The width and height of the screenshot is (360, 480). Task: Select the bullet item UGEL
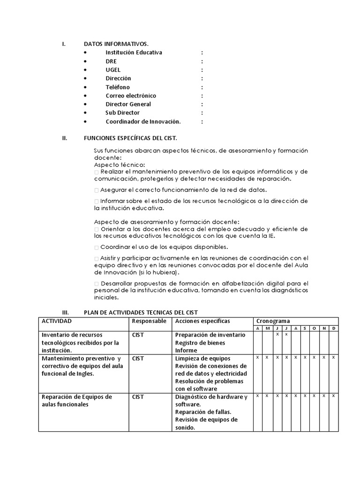tap(113, 70)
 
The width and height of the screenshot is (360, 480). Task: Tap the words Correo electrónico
tap(131, 96)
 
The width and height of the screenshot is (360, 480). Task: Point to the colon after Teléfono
tap(202, 87)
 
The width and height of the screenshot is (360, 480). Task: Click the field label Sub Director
tap(122, 113)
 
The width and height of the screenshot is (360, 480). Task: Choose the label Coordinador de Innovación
tap(143, 121)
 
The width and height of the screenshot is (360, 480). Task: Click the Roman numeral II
tap(65, 138)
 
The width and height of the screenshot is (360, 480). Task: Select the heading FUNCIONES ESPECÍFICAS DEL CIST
tap(130, 138)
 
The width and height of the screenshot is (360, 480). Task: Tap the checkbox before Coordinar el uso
tap(97, 247)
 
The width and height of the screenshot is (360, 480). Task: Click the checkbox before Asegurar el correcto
tap(97, 190)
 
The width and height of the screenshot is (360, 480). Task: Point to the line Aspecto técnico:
tap(120, 165)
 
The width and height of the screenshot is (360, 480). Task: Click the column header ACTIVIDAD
tap(57, 321)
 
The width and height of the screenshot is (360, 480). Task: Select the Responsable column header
tap(149, 321)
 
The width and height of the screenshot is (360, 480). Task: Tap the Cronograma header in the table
tap(273, 321)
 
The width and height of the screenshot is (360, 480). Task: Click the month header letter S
tap(305, 328)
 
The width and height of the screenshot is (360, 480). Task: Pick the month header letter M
tap(267, 328)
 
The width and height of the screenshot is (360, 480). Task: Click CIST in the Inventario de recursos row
tap(138, 335)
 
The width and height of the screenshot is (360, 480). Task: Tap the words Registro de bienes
tap(200, 343)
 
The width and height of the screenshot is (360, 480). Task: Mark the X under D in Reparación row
tap(333, 396)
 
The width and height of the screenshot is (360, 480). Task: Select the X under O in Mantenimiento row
tap(315, 357)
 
